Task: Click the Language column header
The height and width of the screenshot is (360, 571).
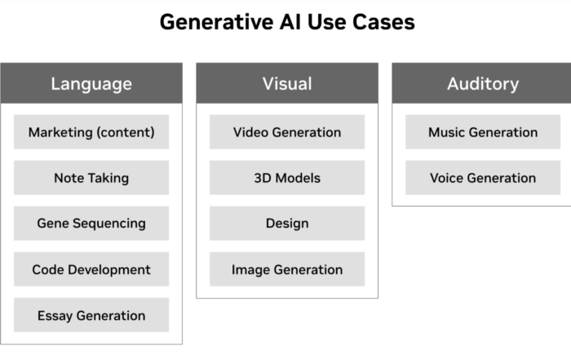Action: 91,83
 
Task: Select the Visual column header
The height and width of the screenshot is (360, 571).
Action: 287,83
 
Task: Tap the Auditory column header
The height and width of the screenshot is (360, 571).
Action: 481,83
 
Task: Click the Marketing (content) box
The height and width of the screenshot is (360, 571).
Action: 91,132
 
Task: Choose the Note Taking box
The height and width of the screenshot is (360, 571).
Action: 91,177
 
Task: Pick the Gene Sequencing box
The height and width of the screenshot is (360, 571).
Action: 91,224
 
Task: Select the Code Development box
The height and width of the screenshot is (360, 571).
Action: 91,269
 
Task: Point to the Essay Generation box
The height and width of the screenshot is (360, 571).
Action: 91,315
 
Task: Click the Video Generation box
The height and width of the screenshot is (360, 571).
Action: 287,132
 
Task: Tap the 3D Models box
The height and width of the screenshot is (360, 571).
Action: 287,177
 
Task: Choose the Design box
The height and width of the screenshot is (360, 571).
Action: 287,224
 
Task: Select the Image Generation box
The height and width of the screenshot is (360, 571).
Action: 287,269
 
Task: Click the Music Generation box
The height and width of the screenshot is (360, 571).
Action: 483,132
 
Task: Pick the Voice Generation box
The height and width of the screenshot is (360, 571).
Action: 483,177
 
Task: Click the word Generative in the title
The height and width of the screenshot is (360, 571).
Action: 217,22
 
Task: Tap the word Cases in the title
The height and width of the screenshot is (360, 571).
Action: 383,22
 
